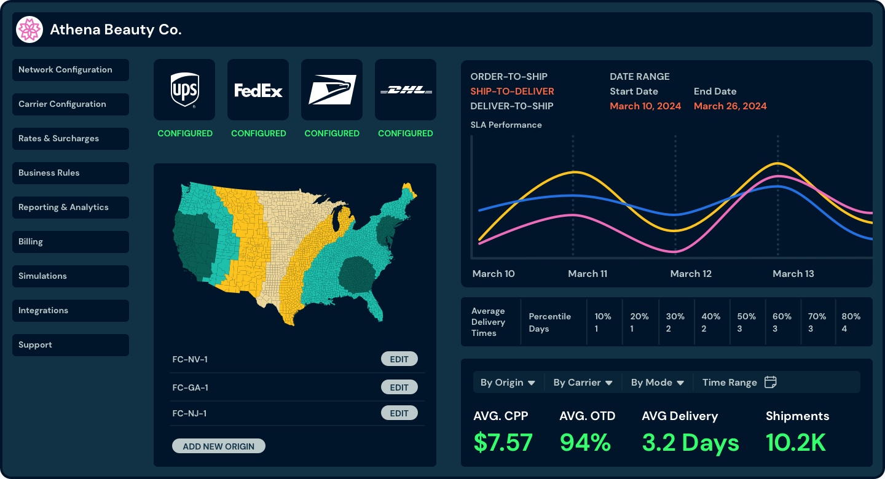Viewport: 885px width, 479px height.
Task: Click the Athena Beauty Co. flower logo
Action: point(29,29)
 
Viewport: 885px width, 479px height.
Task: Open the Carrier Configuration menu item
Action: point(70,104)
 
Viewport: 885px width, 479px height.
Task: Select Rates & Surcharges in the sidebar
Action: point(70,139)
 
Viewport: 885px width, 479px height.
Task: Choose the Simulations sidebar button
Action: point(70,276)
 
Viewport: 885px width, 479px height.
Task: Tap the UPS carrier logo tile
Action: point(184,90)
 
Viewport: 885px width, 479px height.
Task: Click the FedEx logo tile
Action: point(258,90)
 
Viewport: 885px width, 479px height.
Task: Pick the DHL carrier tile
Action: point(406,90)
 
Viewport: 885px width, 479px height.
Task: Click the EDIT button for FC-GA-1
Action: point(399,387)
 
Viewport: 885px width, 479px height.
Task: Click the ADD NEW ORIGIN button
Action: point(218,446)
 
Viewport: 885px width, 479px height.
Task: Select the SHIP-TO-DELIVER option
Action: point(512,92)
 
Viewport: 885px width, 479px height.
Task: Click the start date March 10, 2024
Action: point(645,106)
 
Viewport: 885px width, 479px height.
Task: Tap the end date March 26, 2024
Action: point(730,106)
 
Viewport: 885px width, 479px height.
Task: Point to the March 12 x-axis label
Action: point(691,274)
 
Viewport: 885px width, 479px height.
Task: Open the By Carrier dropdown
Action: point(583,383)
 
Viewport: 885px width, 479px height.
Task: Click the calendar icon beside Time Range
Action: point(770,382)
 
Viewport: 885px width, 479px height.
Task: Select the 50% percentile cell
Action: point(747,322)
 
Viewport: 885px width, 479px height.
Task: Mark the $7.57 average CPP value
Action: point(503,442)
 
